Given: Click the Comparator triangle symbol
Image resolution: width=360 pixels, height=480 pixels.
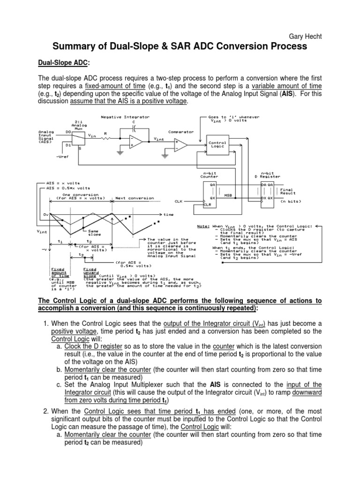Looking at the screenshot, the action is point(180,145).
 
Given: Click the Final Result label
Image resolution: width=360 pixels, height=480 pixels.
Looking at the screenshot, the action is point(287,191).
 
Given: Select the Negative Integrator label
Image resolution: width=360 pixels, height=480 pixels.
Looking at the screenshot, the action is point(120,116).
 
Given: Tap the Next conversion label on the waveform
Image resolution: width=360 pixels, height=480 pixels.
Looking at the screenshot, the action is point(135,198).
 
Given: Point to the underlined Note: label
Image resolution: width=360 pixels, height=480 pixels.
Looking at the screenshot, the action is point(203,226).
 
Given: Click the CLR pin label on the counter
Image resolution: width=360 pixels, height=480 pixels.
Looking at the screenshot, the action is point(207,205).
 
